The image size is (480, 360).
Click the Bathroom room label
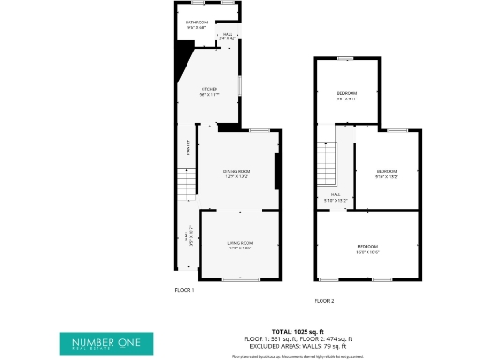pyautogui.click(x=196, y=22)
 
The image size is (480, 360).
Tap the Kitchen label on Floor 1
pyautogui.click(x=208, y=90)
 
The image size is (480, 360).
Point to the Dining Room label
pyautogui.click(x=235, y=172)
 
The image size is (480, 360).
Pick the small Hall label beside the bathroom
pyautogui.click(x=227, y=36)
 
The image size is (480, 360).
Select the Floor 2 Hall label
pyautogui.click(x=335, y=198)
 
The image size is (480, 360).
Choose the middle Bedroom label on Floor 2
pyautogui.click(x=386, y=172)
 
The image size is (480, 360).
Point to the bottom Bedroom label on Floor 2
pyautogui.click(x=367, y=247)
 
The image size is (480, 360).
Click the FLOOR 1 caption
pyautogui.click(x=185, y=290)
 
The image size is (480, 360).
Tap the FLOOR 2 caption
pyautogui.click(x=324, y=300)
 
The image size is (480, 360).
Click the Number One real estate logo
pyautogui.click(x=106, y=344)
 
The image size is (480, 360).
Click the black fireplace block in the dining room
pyautogui.click(x=276, y=171)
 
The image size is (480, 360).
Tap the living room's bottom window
pyautogui.click(x=240, y=279)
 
